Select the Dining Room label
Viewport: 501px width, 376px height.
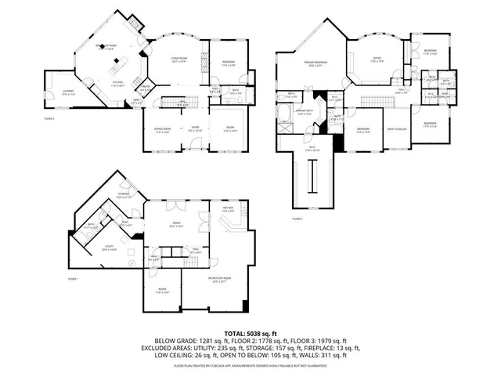pos(161,129)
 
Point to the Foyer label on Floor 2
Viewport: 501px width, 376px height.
pos(196,129)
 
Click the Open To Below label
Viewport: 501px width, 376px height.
pos(397,130)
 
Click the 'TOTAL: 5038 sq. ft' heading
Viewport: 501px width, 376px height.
pos(250,333)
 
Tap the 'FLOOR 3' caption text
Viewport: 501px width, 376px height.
pos(297,219)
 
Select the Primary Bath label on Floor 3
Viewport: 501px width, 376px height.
pos(303,112)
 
